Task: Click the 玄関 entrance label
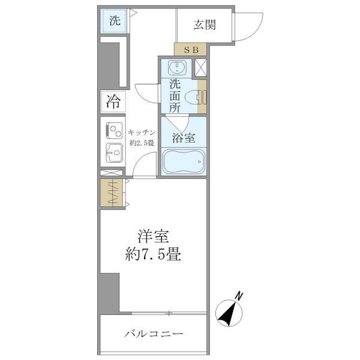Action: pos(204,25)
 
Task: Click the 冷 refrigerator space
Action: pos(113,101)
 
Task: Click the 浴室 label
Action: pos(183,137)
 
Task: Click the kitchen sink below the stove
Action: pos(113,152)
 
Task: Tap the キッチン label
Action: pos(142,132)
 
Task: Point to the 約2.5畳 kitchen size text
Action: pos(142,143)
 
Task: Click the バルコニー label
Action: pos(154,333)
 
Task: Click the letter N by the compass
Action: pos(239,295)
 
